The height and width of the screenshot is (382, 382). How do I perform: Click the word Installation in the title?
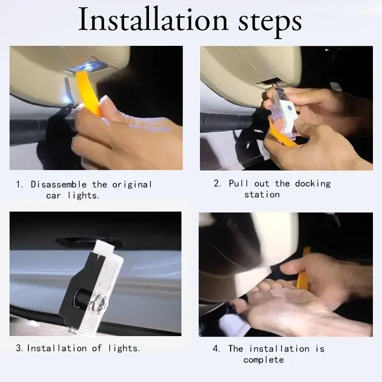153,20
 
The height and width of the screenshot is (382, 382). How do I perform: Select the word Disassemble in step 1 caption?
58,184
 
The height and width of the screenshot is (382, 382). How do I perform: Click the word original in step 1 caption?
132,185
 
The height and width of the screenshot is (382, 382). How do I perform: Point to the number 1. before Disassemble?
20,184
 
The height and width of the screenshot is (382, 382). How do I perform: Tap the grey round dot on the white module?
290,107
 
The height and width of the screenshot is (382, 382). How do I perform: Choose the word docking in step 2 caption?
313,184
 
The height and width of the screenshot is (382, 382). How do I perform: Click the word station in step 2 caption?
262,195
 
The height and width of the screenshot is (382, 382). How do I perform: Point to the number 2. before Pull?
217,183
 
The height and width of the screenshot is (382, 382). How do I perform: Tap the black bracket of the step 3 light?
75,287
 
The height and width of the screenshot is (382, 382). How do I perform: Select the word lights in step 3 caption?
124,349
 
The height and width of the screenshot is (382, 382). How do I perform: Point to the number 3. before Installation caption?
19,348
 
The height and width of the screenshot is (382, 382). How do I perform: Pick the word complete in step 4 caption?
264,360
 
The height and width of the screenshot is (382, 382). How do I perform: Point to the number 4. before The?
216,349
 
